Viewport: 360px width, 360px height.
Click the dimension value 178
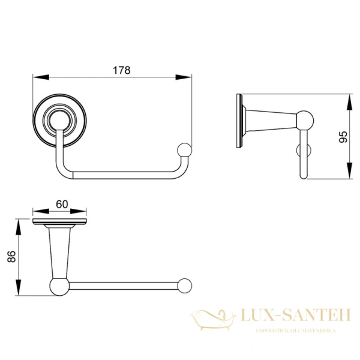click(x=122, y=70)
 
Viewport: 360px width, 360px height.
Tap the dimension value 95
click(x=343, y=137)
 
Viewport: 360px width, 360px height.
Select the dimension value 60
click(x=62, y=204)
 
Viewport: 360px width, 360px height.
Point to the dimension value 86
click(x=11, y=256)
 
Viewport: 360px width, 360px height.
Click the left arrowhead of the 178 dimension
click(x=41, y=77)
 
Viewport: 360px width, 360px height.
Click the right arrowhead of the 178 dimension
click(x=184, y=77)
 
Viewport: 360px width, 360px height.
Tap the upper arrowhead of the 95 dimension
click(x=349, y=102)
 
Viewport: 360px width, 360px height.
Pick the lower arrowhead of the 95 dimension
click(x=349, y=170)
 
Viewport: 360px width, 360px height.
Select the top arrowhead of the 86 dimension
click(x=18, y=227)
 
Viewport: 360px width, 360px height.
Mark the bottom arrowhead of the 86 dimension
click(x=18, y=287)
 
